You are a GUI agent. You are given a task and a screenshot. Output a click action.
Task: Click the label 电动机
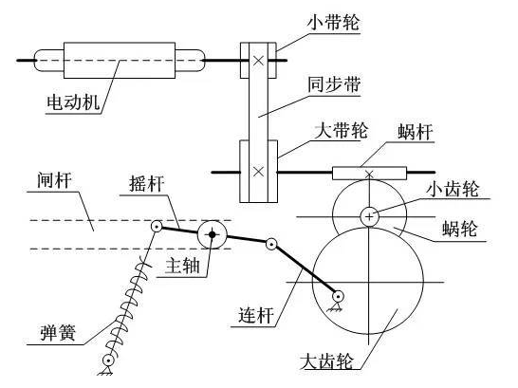[73, 102]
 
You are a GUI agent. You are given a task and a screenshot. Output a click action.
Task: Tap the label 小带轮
[333, 23]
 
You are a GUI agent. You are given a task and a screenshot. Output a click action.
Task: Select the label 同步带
[334, 84]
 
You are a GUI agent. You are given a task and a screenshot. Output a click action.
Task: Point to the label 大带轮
[341, 130]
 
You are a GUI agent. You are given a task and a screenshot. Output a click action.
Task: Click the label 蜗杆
[416, 132]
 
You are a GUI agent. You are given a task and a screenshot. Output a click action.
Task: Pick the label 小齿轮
[453, 189]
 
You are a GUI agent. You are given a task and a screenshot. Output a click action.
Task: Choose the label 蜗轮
[460, 229]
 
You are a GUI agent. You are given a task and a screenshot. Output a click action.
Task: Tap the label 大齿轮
[326, 361]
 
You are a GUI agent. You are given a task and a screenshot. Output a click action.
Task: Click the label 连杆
[256, 315]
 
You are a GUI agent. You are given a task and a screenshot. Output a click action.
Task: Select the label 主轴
[183, 266]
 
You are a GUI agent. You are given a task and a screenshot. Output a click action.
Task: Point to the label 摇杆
[146, 184]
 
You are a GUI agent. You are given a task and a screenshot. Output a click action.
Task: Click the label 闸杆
[54, 180]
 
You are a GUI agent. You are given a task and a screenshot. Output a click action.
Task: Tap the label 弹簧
[58, 332]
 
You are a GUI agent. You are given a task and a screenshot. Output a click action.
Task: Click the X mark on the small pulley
[258, 60]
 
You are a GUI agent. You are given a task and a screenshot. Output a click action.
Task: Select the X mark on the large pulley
[258, 172]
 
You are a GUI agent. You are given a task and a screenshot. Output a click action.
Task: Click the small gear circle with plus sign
[369, 217]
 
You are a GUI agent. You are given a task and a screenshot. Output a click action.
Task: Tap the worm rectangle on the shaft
[369, 174]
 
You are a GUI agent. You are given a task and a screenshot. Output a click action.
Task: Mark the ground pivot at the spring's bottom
[107, 364]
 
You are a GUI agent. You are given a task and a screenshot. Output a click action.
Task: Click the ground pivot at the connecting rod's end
[338, 300]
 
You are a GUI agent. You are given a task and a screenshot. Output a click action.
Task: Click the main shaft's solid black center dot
[213, 234]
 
